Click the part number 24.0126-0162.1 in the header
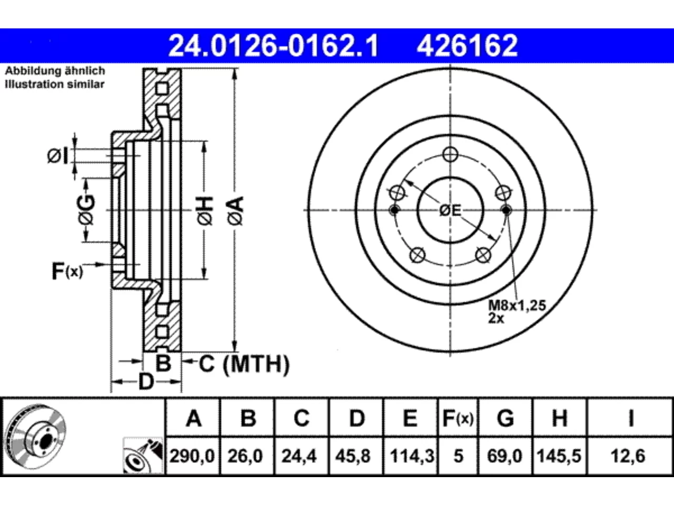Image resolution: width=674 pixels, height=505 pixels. (273, 46)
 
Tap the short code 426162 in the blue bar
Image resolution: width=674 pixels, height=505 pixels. (468, 46)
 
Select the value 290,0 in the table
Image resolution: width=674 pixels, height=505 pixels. (192, 456)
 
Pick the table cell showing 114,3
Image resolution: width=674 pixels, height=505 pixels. (412, 456)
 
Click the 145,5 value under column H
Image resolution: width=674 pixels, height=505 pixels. (559, 456)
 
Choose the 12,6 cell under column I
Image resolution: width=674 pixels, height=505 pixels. (628, 456)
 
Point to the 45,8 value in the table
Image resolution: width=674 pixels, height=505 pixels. (353, 456)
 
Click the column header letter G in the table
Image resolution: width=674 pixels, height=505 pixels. (506, 418)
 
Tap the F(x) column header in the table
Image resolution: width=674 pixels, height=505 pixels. (458, 418)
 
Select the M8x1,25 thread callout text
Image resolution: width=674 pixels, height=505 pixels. (517, 306)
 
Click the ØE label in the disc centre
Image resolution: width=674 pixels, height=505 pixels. (450, 210)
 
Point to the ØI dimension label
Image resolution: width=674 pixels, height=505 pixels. (58, 156)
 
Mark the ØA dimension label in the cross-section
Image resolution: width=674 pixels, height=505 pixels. (236, 211)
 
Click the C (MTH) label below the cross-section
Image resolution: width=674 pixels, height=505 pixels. (244, 364)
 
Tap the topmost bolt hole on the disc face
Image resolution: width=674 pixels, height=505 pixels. (450, 155)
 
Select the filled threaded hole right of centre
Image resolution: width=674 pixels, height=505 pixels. (507, 210)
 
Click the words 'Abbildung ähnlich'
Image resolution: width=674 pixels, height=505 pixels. (55, 71)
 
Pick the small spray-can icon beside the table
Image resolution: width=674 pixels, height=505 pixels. (143, 456)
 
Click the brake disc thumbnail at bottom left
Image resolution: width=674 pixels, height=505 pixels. (36, 437)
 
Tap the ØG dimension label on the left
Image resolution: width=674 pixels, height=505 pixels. (86, 210)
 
